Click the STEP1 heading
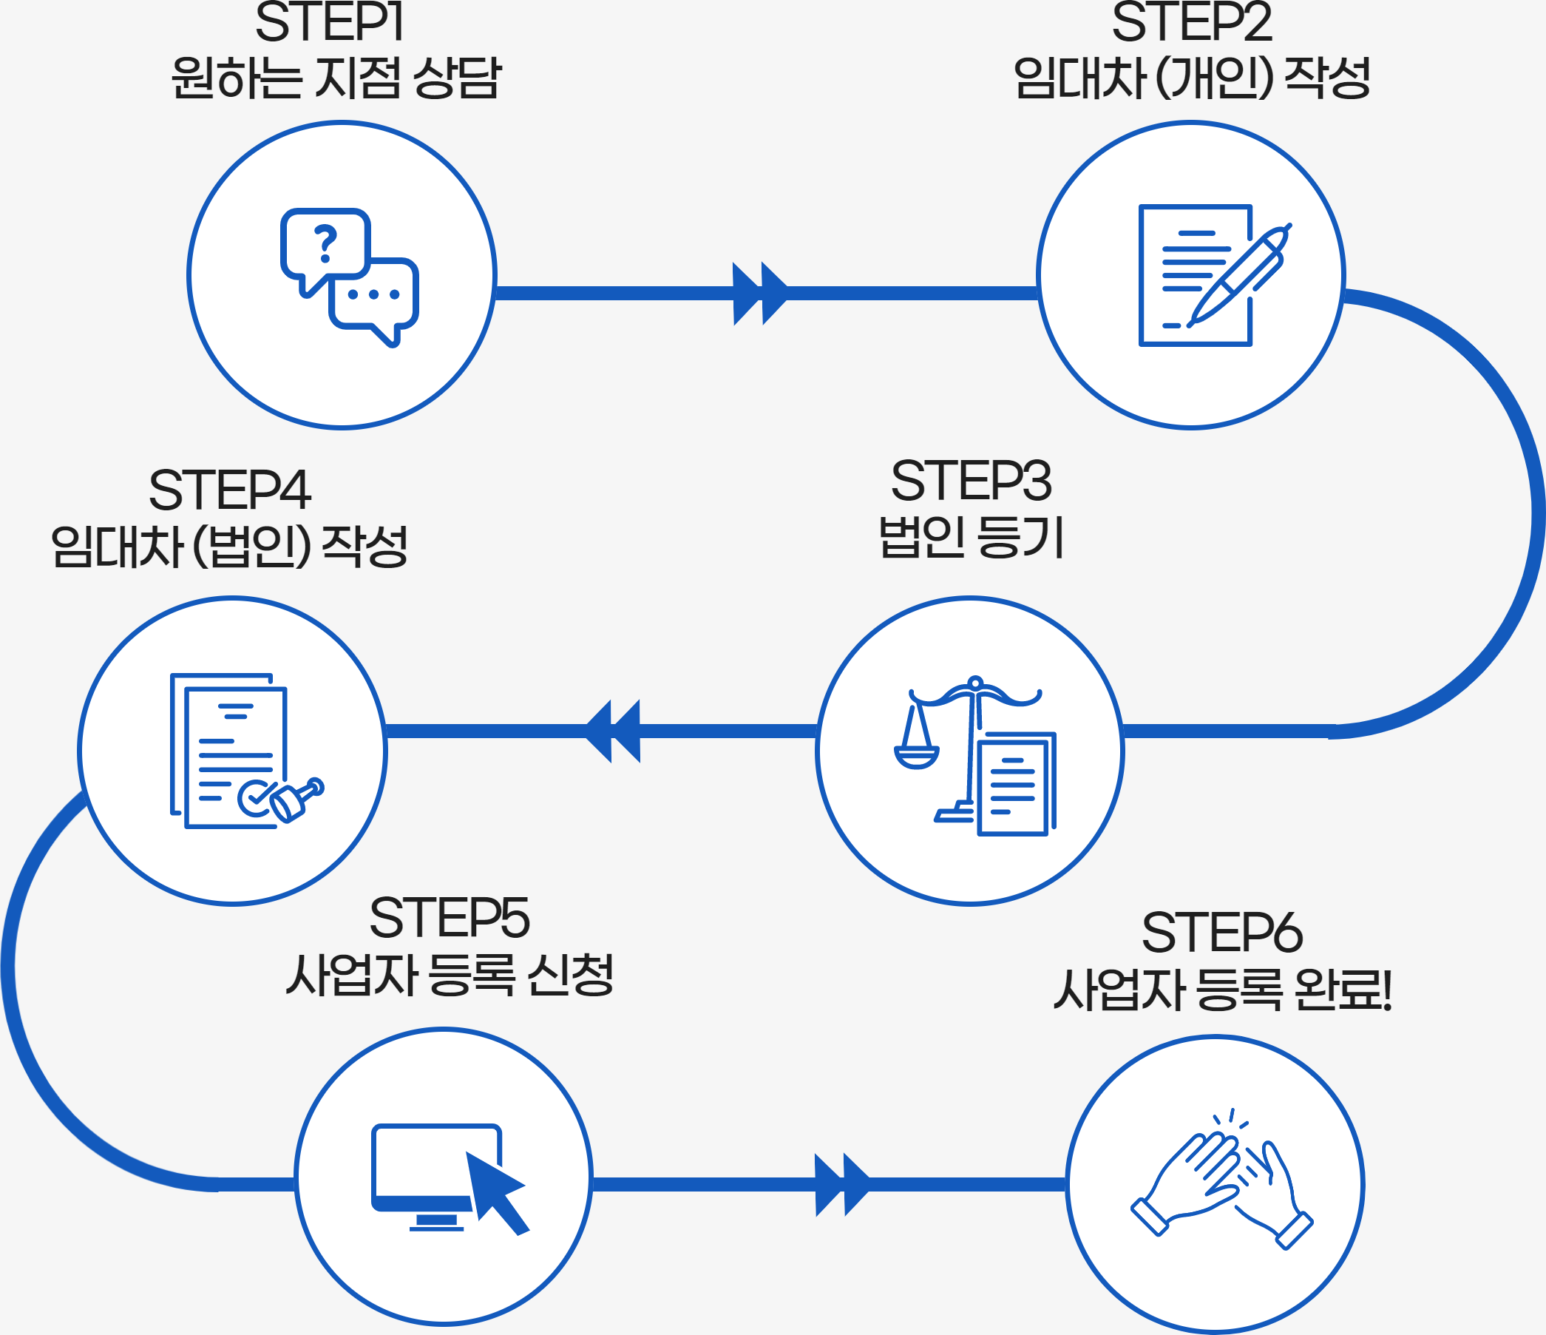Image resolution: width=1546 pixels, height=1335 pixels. pos(329,22)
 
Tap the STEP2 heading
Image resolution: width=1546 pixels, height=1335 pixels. pos(1192,22)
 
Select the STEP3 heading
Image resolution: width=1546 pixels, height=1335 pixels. pos(971,481)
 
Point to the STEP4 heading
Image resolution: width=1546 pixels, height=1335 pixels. pos(229,491)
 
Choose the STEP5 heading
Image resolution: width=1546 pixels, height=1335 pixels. pos(450,918)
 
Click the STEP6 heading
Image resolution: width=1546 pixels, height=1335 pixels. pos(1221,933)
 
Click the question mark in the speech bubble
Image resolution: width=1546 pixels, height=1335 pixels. pos(325,243)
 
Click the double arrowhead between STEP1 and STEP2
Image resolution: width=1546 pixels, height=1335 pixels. pos(759,294)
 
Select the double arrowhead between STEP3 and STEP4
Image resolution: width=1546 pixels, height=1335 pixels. pos(614,731)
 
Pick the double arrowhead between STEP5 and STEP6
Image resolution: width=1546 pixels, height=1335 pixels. pos(841,1185)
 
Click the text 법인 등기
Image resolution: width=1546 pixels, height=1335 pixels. pos(971,537)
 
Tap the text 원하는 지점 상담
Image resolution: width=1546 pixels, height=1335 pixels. pos(336,78)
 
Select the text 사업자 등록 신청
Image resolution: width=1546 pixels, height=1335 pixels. pos(450,975)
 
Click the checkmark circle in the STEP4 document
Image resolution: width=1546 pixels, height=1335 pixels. pos(255,799)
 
